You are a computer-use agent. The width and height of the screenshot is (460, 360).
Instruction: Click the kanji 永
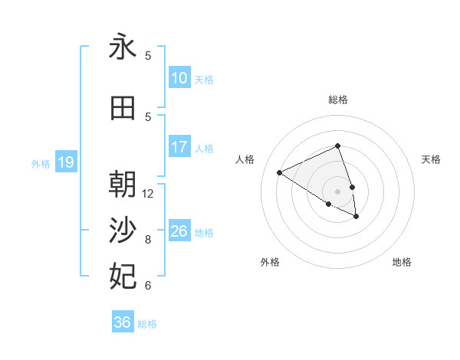[x=123, y=47]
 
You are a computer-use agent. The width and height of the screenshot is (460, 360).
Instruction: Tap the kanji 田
[x=123, y=108]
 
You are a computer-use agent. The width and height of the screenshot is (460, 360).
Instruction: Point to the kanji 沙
[x=123, y=230]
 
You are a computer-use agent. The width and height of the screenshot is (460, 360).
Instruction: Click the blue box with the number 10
[x=179, y=78]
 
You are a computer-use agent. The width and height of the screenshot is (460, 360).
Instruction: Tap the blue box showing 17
[x=179, y=147]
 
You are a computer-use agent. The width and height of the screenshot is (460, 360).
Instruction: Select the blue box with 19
[x=65, y=162]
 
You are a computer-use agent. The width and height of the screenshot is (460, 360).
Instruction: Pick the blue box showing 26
[x=179, y=231]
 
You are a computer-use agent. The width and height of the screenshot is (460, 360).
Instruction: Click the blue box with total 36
[x=122, y=322]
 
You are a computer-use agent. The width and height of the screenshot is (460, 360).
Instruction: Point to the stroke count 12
[x=148, y=194]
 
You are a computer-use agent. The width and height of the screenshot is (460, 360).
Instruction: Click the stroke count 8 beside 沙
[x=148, y=240]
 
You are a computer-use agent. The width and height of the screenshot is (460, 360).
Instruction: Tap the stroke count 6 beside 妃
[x=148, y=286]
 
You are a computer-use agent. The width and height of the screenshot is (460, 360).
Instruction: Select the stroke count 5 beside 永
[x=148, y=56]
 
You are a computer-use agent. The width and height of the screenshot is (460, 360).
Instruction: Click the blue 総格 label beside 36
[x=147, y=324]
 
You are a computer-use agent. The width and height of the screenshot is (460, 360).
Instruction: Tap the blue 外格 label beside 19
[x=41, y=163]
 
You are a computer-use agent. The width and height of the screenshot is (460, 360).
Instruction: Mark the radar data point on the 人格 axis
[x=280, y=173]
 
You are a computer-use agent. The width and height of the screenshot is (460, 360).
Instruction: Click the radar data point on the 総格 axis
[x=337, y=146]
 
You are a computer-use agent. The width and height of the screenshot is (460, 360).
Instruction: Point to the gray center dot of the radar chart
[x=337, y=191]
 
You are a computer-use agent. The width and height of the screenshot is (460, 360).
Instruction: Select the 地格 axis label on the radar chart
[x=402, y=262]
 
